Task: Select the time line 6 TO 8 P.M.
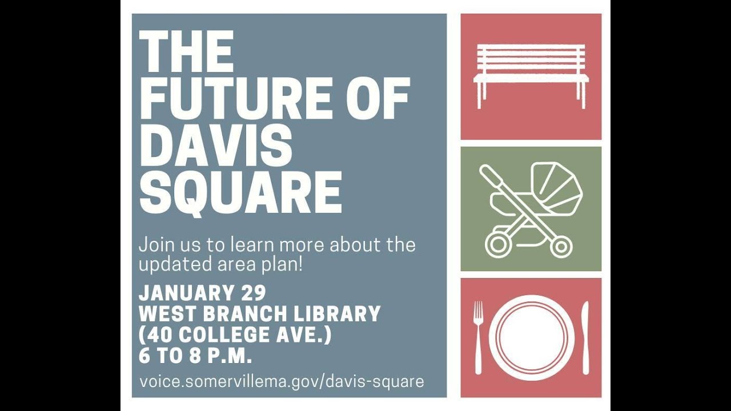click(x=195, y=356)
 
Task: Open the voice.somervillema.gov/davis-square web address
click(x=282, y=381)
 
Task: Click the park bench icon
click(x=531, y=74)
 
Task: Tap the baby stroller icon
click(x=531, y=208)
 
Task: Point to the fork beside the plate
click(x=478, y=337)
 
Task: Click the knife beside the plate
click(x=585, y=337)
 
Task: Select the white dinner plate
click(x=531, y=337)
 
